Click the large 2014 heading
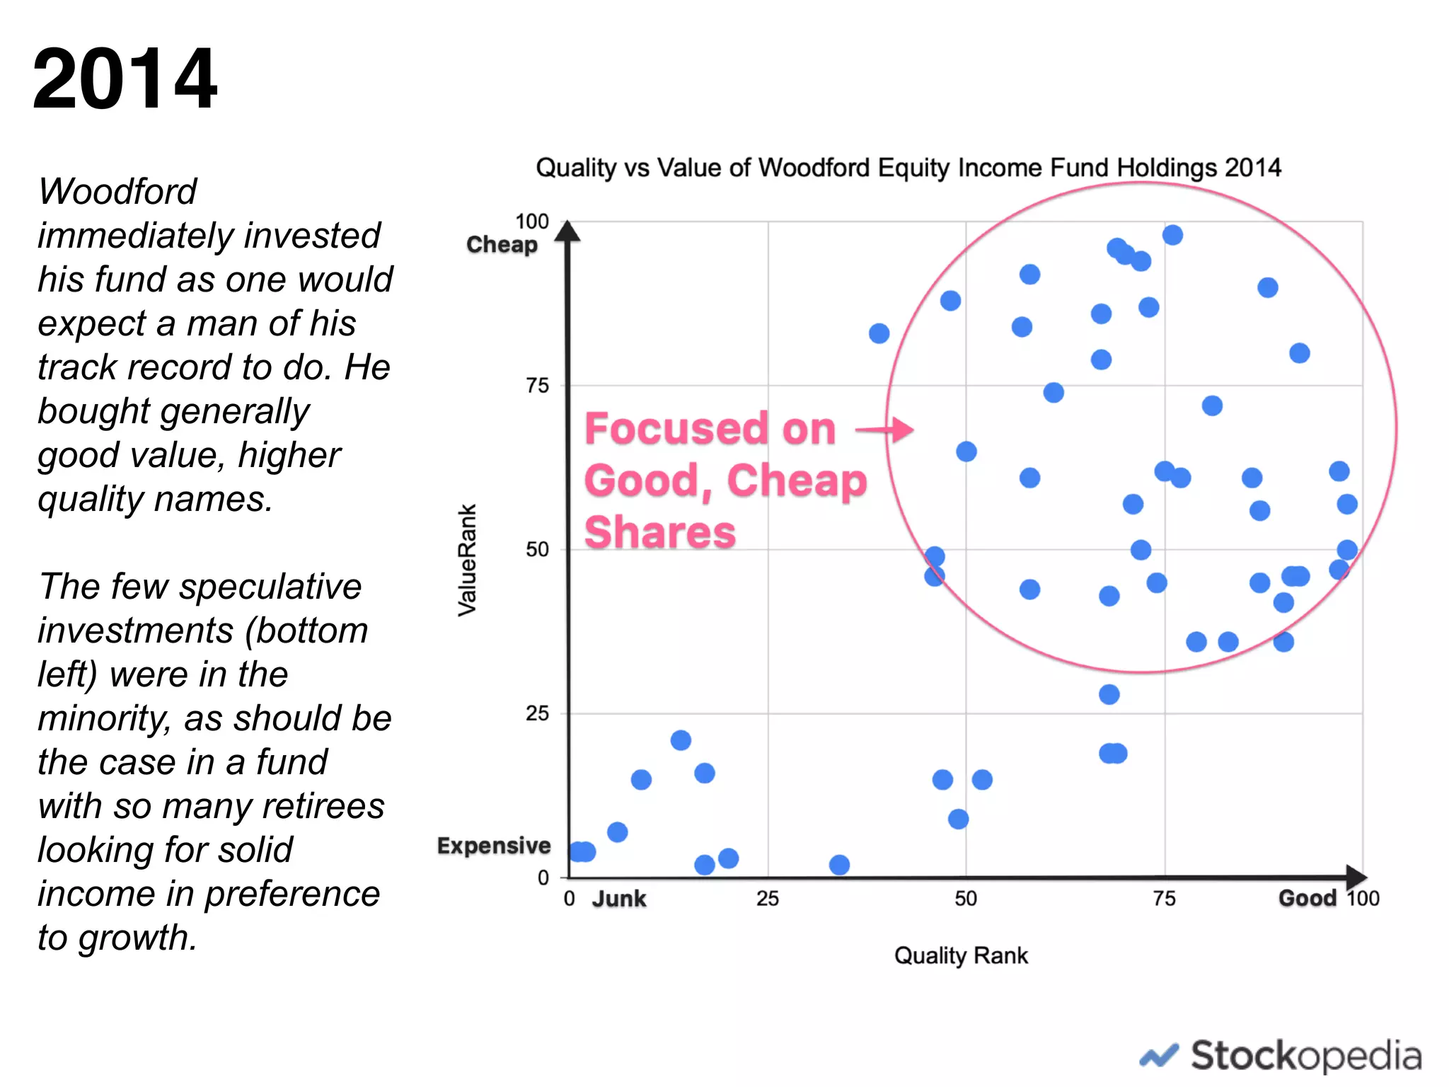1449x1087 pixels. (x=125, y=79)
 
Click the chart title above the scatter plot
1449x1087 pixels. (x=908, y=168)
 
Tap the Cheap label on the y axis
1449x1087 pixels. (x=502, y=244)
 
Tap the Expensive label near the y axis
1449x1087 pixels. (x=493, y=846)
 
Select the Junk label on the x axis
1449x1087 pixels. (x=619, y=899)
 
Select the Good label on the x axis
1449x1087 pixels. (x=1307, y=898)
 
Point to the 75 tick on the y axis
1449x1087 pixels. (x=537, y=386)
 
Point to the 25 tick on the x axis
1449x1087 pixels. (x=768, y=899)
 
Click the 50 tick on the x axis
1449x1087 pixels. (x=966, y=899)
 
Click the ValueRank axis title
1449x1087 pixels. (x=467, y=559)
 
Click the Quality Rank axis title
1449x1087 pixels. (x=960, y=955)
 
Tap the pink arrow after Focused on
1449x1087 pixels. (x=884, y=430)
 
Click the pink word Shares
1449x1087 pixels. (x=660, y=532)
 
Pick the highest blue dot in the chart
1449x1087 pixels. (x=1172, y=235)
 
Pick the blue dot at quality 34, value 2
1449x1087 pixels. (x=839, y=865)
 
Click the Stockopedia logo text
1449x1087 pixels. (x=1305, y=1056)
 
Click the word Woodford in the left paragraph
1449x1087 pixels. (x=117, y=191)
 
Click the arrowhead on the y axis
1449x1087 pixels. (x=567, y=231)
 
